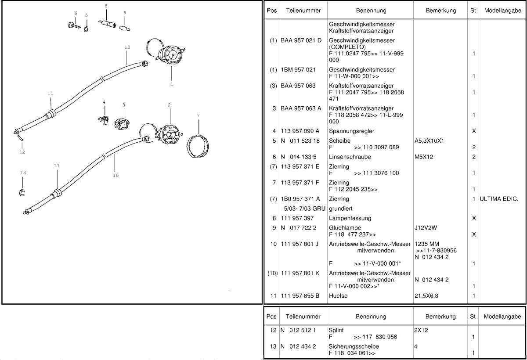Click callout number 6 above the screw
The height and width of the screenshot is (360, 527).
click(x=75, y=13)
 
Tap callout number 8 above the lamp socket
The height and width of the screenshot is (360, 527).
click(x=105, y=5)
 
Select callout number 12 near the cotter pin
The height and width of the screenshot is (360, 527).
click(x=22, y=152)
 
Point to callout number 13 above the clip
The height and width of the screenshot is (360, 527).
click(x=23, y=173)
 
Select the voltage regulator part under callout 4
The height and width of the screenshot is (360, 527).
click(x=103, y=119)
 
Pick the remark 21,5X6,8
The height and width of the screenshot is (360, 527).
click(x=426, y=296)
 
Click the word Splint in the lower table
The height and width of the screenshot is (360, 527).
click(x=336, y=330)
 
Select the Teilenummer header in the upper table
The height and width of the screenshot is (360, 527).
click(x=303, y=10)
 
